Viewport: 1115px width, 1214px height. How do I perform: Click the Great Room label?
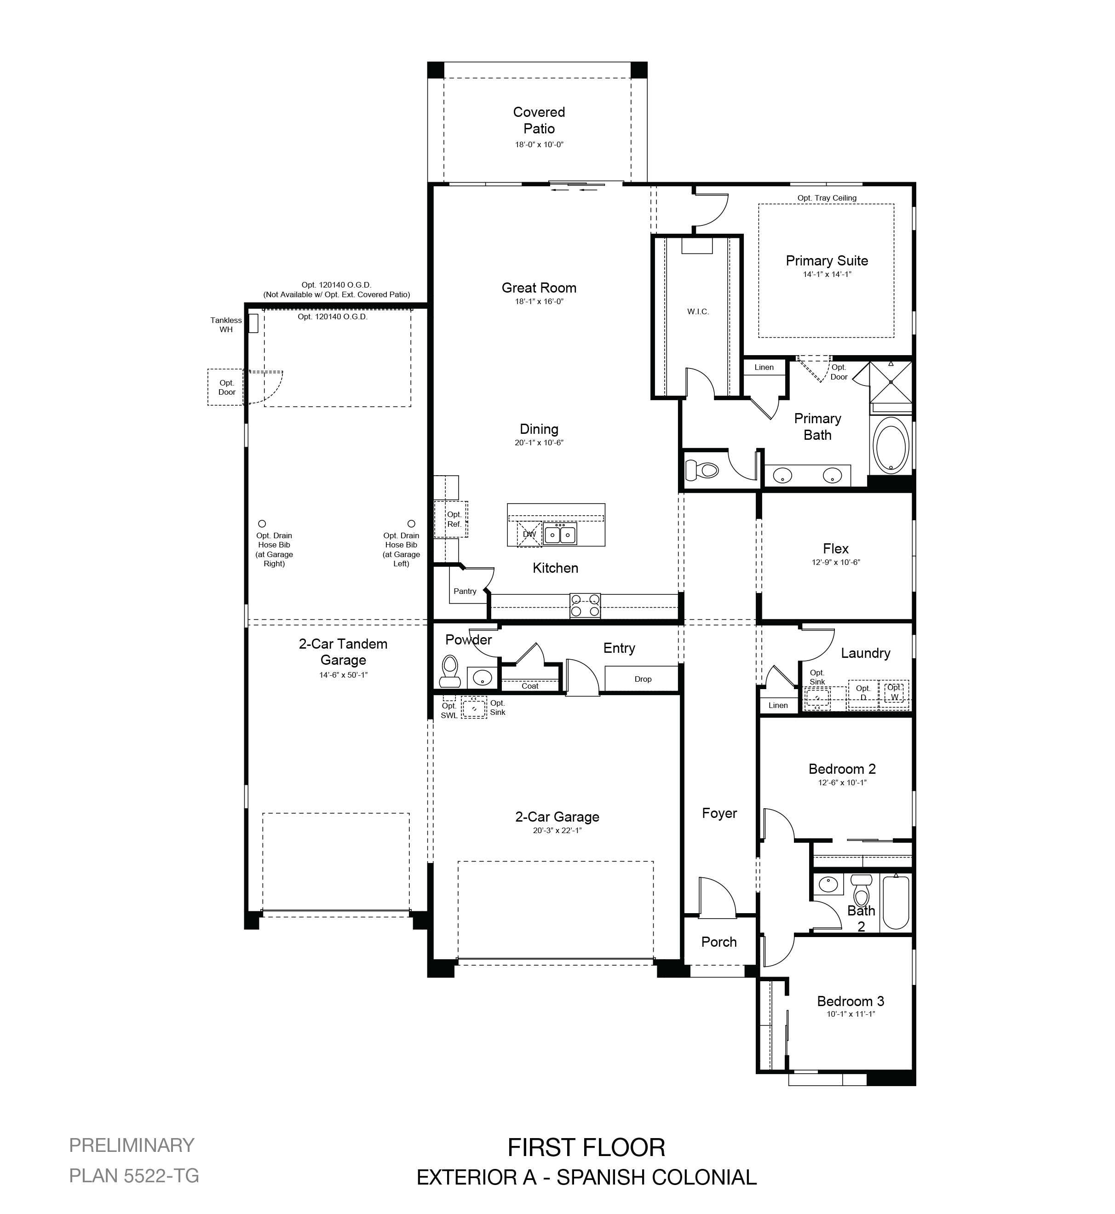click(539, 288)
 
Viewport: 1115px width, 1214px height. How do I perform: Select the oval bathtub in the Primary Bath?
click(890, 449)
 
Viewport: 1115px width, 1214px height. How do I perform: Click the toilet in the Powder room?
click(449, 671)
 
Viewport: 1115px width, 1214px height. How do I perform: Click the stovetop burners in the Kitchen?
click(585, 606)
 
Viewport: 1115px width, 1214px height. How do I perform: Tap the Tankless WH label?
click(226, 325)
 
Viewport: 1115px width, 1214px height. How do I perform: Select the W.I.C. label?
click(698, 311)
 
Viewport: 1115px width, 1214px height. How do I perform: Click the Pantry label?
click(465, 591)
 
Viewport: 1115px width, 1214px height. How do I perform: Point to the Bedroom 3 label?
click(850, 1001)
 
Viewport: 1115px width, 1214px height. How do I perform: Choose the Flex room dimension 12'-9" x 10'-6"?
click(836, 562)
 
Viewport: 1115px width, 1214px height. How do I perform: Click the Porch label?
click(718, 941)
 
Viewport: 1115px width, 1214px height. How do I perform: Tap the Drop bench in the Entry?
click(642, 678)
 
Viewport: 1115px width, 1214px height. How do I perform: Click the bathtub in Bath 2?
click(896, 903)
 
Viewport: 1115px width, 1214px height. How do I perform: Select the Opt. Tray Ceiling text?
click(827, 198)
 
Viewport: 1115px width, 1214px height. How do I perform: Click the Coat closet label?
click(530, 685)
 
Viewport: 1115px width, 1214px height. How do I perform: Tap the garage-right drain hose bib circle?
click(262, 524)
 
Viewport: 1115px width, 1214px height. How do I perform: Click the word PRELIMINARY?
click(132, 1145)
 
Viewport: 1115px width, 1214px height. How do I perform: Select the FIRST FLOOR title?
click(586, 1147)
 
